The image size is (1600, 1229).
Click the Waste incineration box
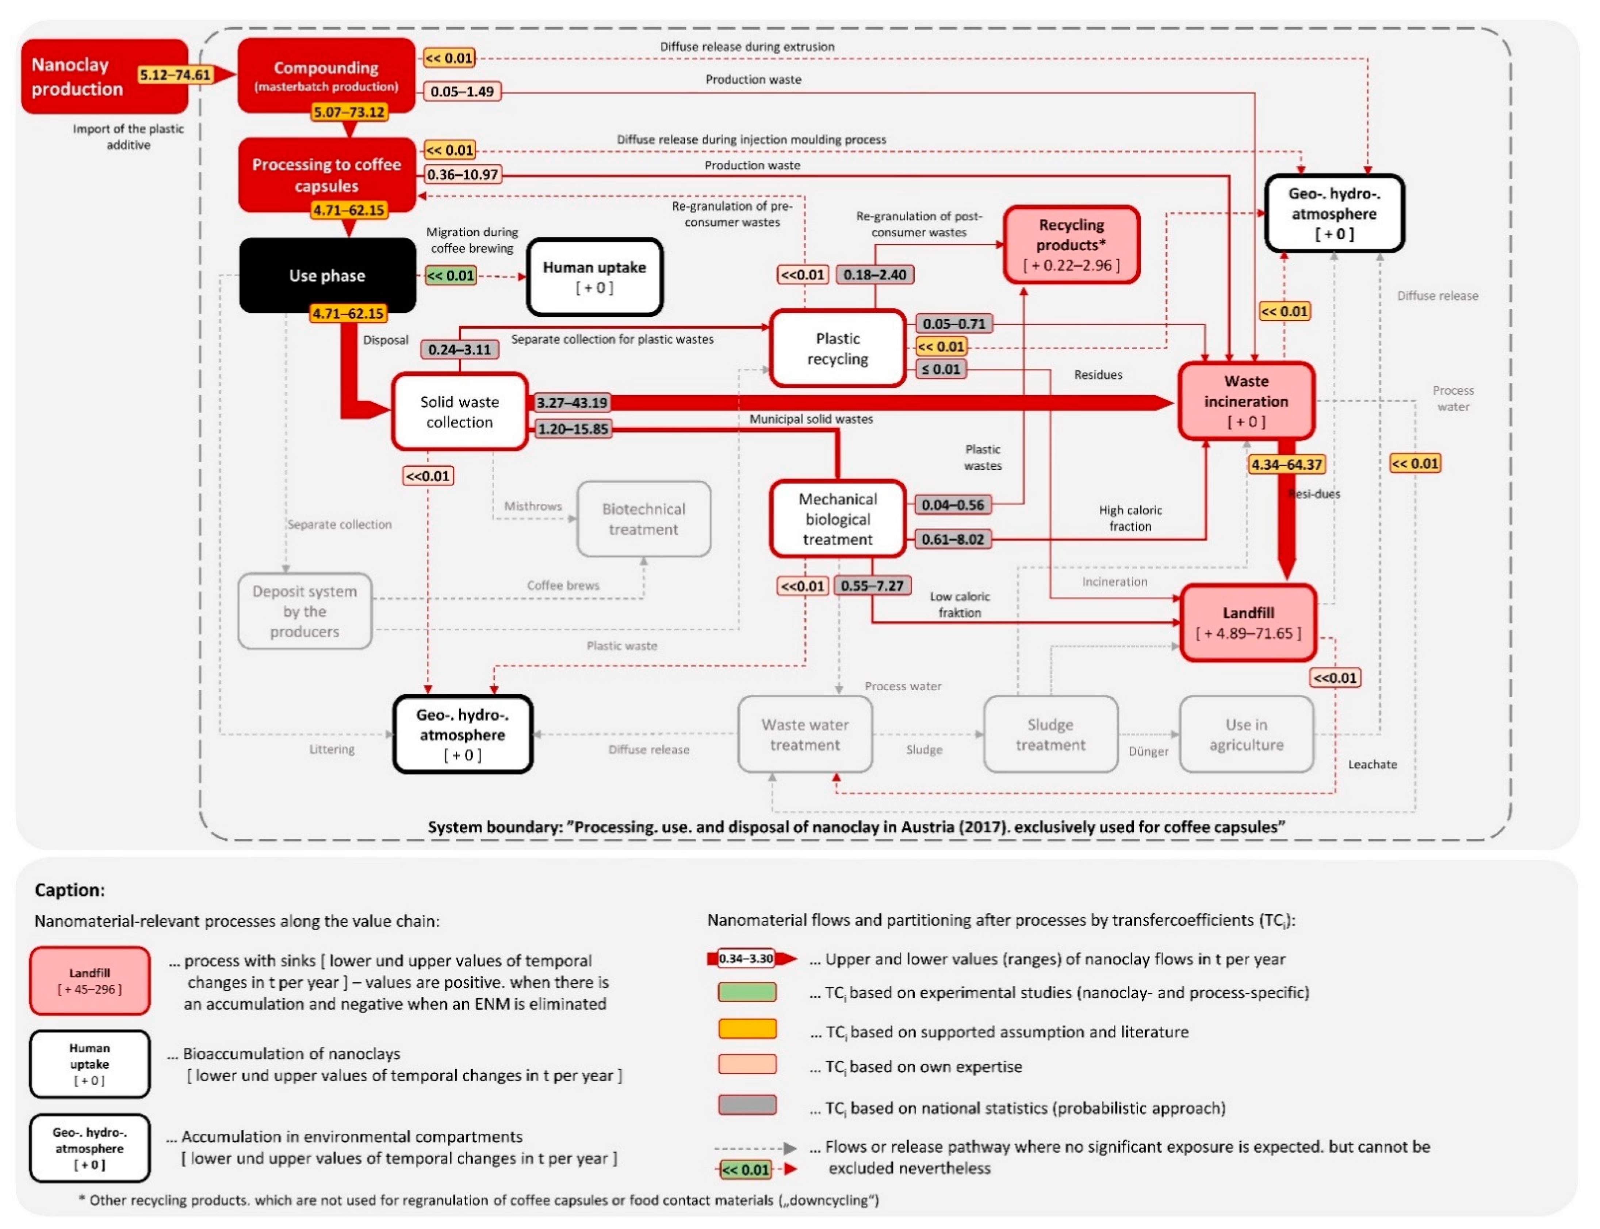pyautogui.click(x=1246, y=401)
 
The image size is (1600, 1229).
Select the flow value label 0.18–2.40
pyautogui.click(x=874, y=275)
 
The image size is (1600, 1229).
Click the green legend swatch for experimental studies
pyautogui.click(x=747, y=993)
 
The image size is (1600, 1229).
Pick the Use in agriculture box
pyautogui.click(x=1246, y=734)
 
